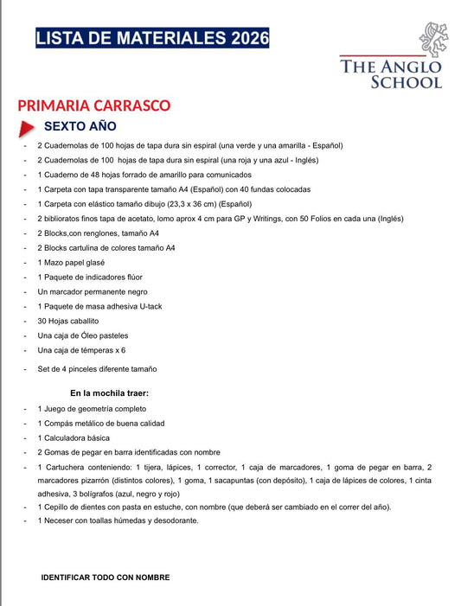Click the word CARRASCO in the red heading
click(126, 105)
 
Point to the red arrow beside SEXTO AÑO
click(27, 128)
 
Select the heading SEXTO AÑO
click(86, 127)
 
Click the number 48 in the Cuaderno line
click(93, 175)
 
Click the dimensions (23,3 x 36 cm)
click(186, 203)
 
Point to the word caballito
click(85, 321)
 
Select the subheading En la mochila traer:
click(109, 393)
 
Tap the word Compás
click(61, 424)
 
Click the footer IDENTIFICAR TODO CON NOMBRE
click(106, 577)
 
